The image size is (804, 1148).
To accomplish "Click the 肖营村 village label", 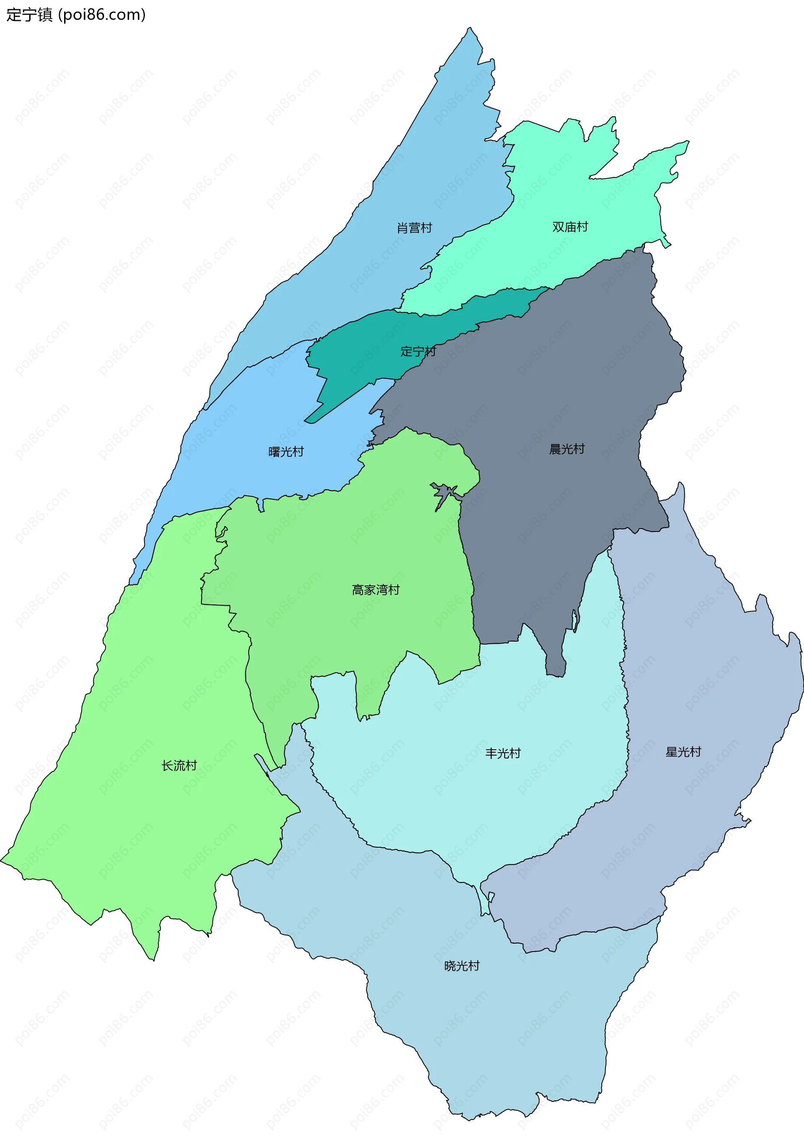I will tap(414, 228).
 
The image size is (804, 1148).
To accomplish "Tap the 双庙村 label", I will tap(570, 227).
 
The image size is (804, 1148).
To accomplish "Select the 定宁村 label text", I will tap(418, 351).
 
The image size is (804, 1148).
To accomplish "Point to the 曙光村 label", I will tap(286, 452).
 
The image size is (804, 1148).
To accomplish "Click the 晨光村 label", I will tap(567, 449).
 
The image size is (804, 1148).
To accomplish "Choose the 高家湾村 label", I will tap(376, 590).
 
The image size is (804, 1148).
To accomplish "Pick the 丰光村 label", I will tap(503, 753).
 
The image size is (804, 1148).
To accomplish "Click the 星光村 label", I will tap(683, 752).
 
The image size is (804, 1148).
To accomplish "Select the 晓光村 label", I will tap(462, 966).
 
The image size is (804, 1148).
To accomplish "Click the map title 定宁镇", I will tap(29, 15).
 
